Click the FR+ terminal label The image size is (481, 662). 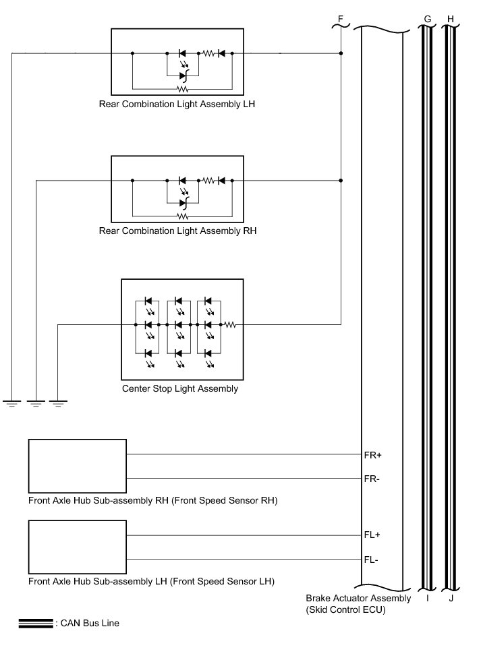tap(373, 455)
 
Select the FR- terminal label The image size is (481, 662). tap(372, 478)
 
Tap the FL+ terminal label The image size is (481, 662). tap(373, 535)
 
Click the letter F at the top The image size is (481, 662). tap(341, 18)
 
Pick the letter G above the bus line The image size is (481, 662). tap(427, 18)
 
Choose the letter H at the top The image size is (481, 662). tap(451, 18)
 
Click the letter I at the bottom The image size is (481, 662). tap(427, 598)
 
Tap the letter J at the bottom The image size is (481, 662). tap(450, 598)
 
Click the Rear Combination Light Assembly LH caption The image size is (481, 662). tap(177, 104)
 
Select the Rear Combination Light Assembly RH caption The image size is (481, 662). tap(177, 231)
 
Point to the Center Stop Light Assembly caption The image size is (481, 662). tap(180, 389)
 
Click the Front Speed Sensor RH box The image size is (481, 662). tap(77, 466)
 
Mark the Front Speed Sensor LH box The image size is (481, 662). tap(77, 546)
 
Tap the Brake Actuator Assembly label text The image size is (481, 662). tap(358, 598)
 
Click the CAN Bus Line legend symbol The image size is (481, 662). tap(36, 624)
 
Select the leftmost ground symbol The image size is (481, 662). tap(11, 403)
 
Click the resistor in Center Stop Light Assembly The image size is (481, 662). tap(229, 324)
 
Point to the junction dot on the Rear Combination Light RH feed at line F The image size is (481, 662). tap(341, 181)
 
